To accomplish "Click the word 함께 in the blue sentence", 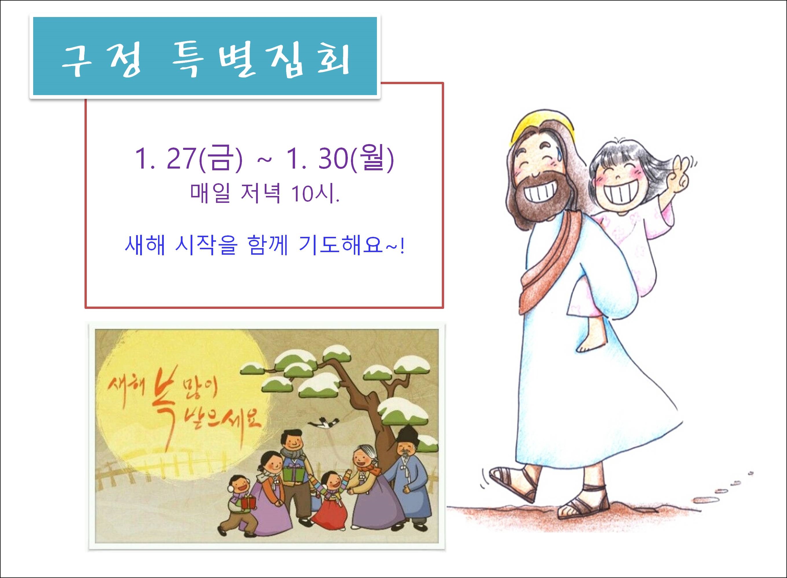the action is tap(268, 246).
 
